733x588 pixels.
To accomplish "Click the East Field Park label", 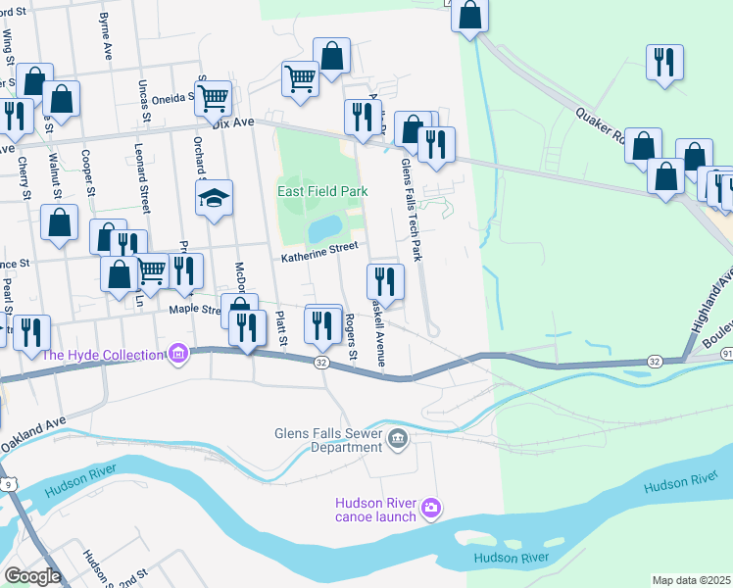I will pos(322,191).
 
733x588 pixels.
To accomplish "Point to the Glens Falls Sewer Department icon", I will pos(397,438).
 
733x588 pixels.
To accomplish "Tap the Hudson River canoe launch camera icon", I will pos(430,508).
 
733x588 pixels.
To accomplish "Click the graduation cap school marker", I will pos(214,199).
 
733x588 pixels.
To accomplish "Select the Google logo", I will pos(32,575).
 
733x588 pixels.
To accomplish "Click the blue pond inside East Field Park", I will pos(322,229).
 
